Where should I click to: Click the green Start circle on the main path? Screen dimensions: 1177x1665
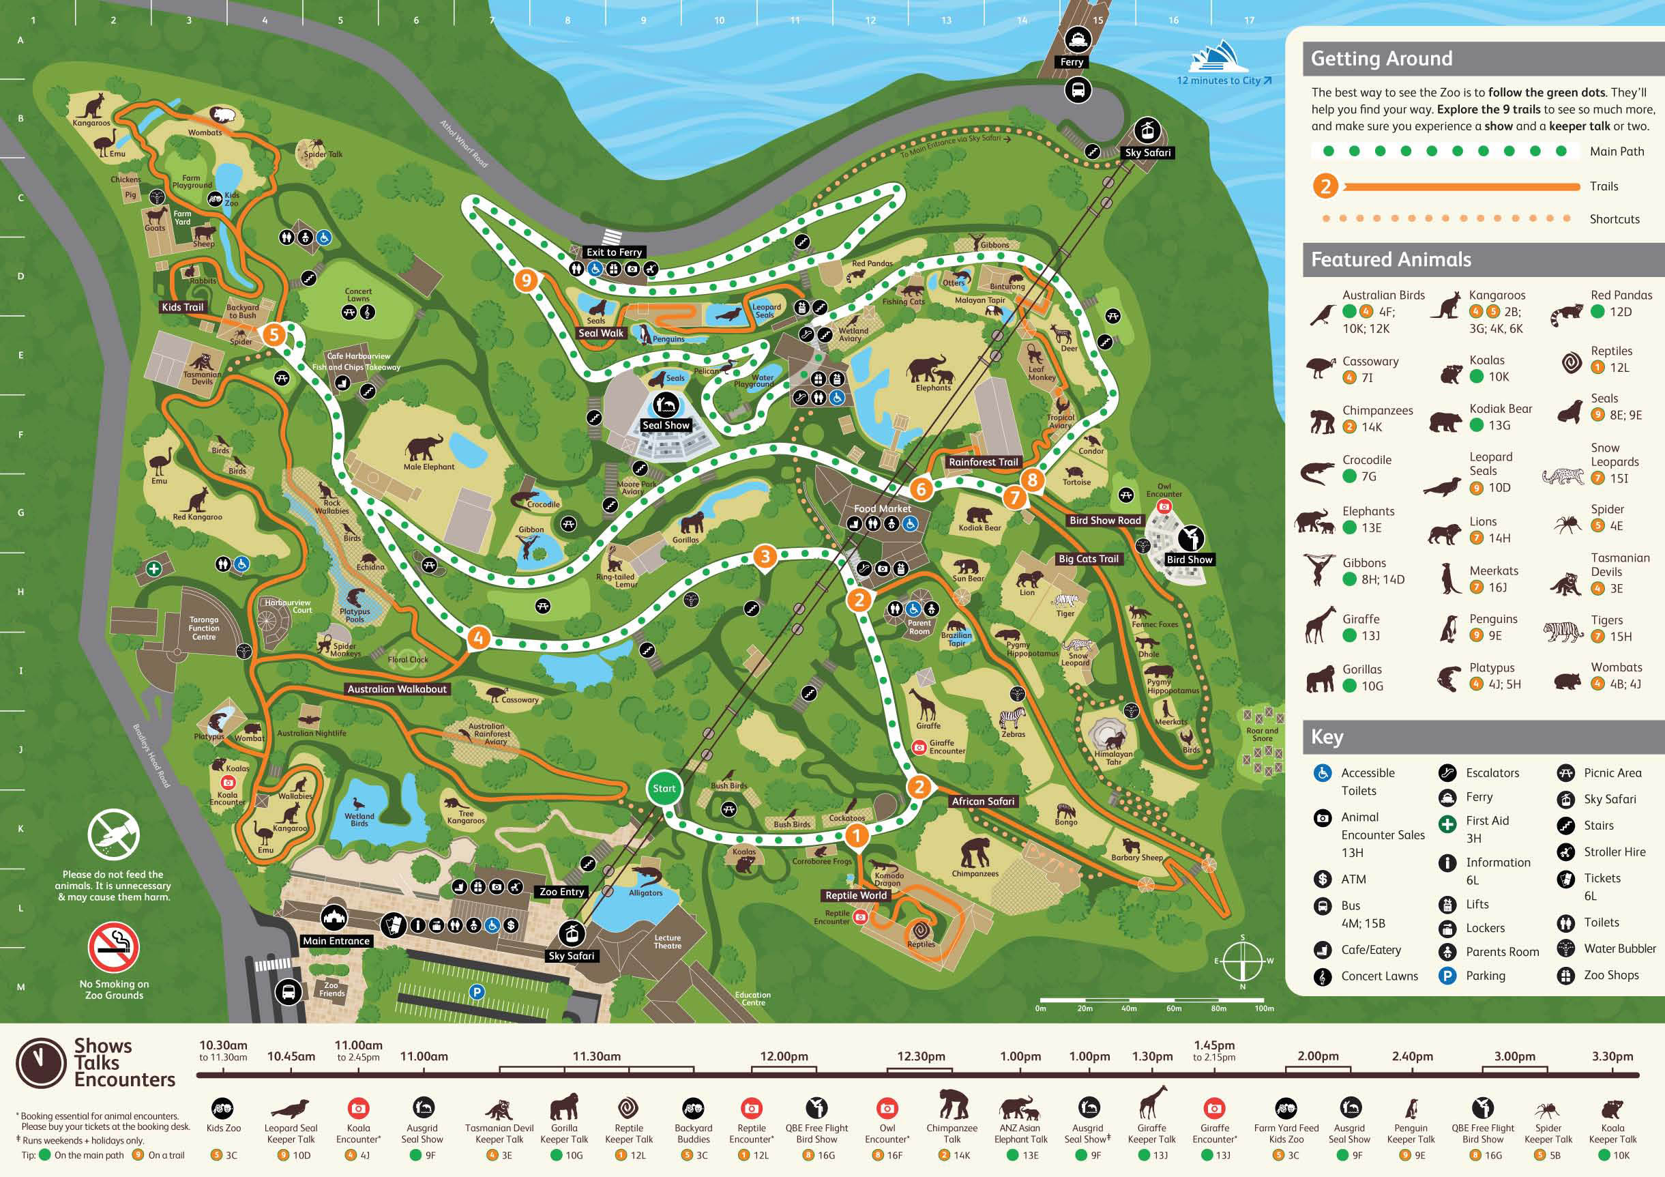coord(664,789)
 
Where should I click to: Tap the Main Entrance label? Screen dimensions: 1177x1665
coord(336,941)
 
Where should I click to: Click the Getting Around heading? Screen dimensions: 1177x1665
coord(1381,59)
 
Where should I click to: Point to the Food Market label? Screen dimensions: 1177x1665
coord(882,508)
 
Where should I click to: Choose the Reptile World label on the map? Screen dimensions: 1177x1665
coord(856,895)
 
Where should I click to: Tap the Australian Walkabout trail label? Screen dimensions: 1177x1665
coord(397,689)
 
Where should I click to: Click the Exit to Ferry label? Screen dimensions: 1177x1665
coord(614,252)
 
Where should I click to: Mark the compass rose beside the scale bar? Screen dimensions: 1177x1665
coord(1242,961)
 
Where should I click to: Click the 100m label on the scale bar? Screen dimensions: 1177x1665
coord(1264,1008)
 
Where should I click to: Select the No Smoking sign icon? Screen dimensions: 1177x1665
coord(114,946)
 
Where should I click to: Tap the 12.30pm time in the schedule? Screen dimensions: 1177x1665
coord(921,1056)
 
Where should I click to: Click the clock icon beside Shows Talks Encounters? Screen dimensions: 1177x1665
coord(42,1064)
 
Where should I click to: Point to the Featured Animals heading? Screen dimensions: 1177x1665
coord(1391,259)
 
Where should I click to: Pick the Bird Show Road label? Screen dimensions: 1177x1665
coord(1105,520)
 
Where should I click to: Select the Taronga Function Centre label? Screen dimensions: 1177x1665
coord(204,628)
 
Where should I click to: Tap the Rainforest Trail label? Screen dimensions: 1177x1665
coord(984,462)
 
